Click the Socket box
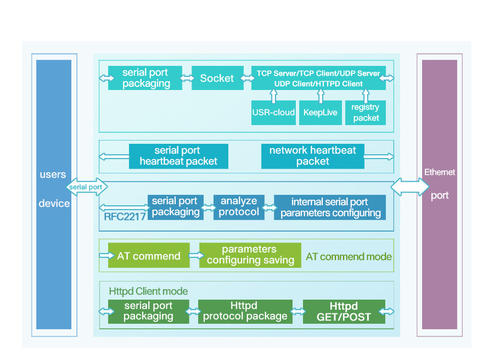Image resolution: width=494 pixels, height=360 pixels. (x=217, y=78)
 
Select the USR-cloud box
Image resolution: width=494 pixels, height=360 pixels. (x=273, y=113)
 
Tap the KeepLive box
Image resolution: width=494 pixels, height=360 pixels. (x=320, y=113)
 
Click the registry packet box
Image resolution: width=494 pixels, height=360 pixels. (x=366, y=113)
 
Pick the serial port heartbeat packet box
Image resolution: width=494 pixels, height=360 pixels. (x=178, y=156)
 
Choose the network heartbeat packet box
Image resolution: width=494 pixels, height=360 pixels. (x=312, y=156)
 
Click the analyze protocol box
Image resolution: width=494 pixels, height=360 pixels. (x=239, y=207)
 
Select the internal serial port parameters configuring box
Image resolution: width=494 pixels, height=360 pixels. (x=330, y=207)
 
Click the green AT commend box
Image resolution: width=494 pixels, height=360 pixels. (x=149, y=256)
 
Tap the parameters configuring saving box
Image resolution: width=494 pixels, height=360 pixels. (x=250, y=255)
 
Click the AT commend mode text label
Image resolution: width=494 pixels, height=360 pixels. (x=349, y=256)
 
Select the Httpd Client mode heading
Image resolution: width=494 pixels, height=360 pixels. (x=148, y=291)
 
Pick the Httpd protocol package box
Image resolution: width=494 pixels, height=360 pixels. (x=244, y=311)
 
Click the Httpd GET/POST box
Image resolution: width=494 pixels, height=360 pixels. (x=344, y=311)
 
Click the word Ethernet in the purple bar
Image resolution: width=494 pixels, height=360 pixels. (x=440, y=172)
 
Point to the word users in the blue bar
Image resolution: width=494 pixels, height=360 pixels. (x=53, y=175)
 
